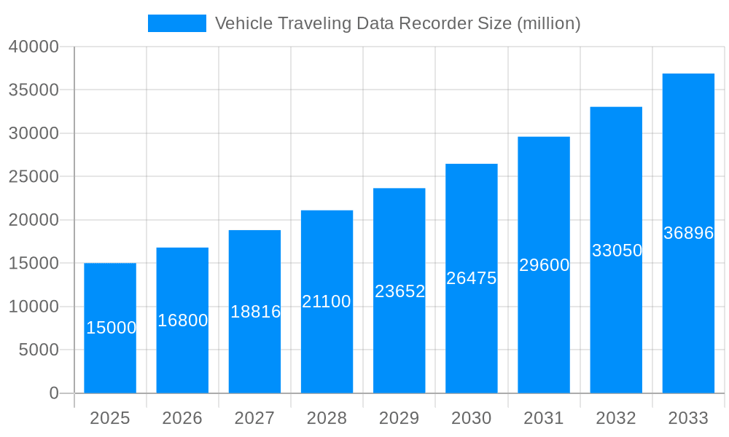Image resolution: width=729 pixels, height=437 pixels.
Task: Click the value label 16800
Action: [183, 320]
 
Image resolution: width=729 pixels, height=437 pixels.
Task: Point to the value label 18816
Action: [255, 312]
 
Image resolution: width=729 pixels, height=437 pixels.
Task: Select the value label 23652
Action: [399, 291]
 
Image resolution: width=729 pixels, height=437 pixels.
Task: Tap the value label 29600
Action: [544, 265]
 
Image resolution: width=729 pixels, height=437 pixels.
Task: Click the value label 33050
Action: [617, 251]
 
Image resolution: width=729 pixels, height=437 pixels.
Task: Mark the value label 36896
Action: [688, 233]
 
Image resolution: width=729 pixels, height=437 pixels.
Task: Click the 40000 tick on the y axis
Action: [34, 47]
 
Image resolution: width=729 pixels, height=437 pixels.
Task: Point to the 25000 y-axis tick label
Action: [34, 177]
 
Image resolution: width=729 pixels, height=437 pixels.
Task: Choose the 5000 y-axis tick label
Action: [38, 350]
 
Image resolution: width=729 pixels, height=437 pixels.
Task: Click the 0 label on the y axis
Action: [54, 393]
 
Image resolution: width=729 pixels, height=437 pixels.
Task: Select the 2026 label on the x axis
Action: [182, 418]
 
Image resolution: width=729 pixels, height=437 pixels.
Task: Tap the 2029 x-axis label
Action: [399, 418]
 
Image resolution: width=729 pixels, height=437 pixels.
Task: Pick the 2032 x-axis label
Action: [616, 418]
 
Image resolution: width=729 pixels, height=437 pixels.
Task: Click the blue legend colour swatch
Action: [177, 23]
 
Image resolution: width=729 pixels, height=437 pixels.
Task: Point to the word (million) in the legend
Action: [548, 23]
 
